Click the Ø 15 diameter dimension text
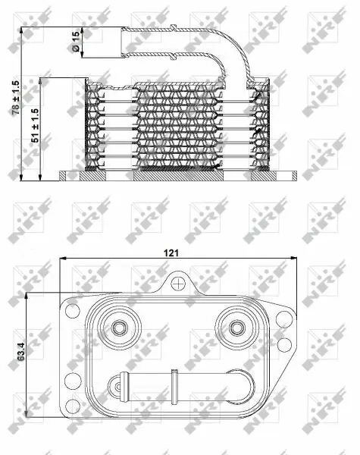[x=76, y=42]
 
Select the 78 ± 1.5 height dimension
[x=16, y=98]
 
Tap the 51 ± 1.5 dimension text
[x=35, y=125]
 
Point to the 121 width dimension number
[x=171, y=253]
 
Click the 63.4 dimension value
[x=21, y=351]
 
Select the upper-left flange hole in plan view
[x=73, y=310]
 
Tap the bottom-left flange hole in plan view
[x=73, y=406]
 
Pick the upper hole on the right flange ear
[x=283, y=318]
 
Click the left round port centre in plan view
[x=120, y=328]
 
